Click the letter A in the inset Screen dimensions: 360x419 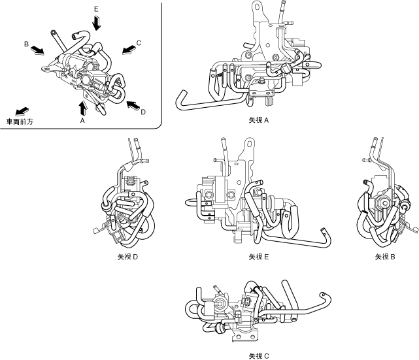point(82,121)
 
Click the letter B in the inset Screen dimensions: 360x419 point(25,44)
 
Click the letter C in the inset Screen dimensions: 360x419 point(139,42)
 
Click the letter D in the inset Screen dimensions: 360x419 point(142,112)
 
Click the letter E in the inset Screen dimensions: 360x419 point(96,10)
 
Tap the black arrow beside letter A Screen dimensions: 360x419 point(82,106)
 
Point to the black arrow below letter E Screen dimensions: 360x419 point(97,23)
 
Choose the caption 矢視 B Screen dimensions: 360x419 point(385,257)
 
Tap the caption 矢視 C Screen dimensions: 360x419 point(259,356)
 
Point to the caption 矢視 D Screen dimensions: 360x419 point(128,257)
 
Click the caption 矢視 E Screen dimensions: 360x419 point(259,257)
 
